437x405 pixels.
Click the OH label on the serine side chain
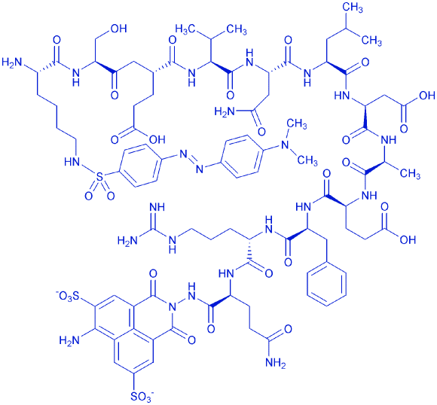[x=118, y=29]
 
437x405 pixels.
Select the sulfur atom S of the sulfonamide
[x=99, y=175]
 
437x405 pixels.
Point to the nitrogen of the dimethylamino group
[x=285, y=145]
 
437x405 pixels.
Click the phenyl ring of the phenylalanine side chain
[x=326, y=284]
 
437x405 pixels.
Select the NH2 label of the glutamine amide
[x=276, y=363]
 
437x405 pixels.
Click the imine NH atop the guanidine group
[x=157, y=207]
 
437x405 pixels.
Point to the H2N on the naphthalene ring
[x=69, y=340]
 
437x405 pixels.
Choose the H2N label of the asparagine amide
[x=225, y=112]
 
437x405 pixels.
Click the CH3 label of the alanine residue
[x=410, y=174]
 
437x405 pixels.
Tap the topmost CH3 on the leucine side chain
[x=353, y=8]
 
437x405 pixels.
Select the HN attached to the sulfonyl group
[x=72, y=162]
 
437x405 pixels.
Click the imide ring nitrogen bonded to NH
[x=173, y=307]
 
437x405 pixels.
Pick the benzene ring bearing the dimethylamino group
[x=242, y=157]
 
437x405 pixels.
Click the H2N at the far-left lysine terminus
[x=12, y=62]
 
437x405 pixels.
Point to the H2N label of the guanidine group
[x=128, y=240]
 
